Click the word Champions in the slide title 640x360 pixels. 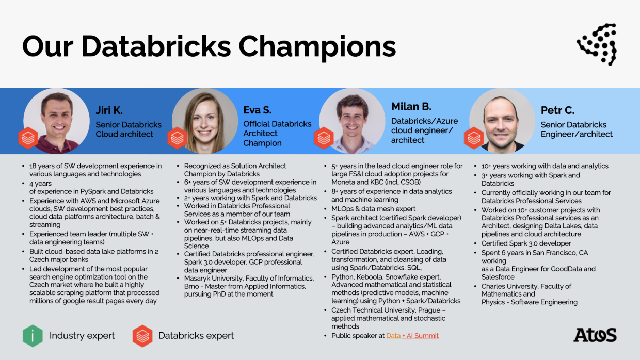coord(317,47)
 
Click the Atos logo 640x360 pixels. coord(595,335)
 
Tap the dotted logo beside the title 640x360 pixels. coord(597,44)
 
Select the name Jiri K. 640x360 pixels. coord(109,110)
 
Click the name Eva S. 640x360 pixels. coord(257,110)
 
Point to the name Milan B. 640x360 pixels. coord(411,106)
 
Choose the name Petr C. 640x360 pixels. coord(557,110)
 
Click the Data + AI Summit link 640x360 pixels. coord(412,336)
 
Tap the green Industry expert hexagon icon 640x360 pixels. coord(33,336)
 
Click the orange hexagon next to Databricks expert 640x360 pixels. coord(142,336)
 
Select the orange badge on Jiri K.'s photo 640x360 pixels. coord(28,138)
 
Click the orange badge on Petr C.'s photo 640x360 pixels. coord(474,138)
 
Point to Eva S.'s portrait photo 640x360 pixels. coord(205,121)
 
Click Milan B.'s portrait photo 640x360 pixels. coord(353,121)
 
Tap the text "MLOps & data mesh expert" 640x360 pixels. coord(373,209)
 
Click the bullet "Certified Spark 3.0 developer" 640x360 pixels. coord(526,243)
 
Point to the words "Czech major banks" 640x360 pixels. coord(58,259)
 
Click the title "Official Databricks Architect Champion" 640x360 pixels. coord(277,133)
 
